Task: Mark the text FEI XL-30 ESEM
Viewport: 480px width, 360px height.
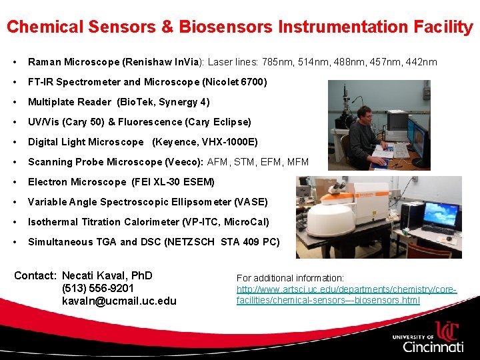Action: click(173, 182)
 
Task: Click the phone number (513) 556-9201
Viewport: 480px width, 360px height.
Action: click(98, 288)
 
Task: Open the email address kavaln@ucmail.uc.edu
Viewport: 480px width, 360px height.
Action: click(119, 301)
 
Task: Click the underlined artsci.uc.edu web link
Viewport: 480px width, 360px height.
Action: click(347, 295)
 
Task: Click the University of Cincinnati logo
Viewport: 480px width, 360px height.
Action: click(428, 337)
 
